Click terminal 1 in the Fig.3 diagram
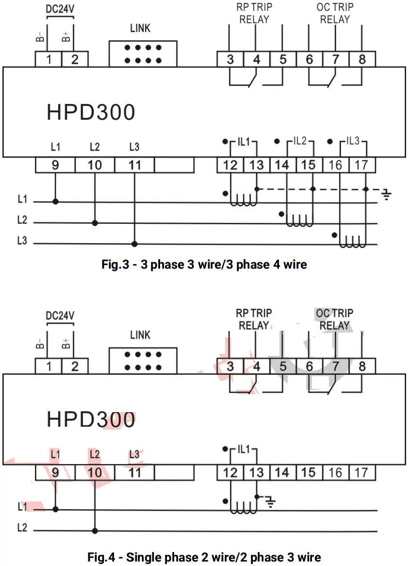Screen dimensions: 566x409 click(49, 60)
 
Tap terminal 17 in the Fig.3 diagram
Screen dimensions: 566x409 click(361, 165)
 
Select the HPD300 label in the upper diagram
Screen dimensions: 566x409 click(91, 112)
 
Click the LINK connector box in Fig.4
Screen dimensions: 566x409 click(143, 361)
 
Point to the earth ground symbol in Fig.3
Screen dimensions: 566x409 click(386, 195)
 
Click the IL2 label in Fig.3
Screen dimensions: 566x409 click(300, 142)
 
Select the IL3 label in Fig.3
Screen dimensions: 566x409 click(353, 142)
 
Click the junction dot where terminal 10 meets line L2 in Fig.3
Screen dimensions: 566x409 click(95, 223)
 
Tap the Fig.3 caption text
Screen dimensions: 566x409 click(204, 265)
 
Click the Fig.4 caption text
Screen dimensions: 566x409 click(204, 557)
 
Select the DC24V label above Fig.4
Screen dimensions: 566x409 click(60, 316)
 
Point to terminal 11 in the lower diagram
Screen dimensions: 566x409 click(135, 472)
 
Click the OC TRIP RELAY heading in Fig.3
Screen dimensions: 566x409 click(335, 13)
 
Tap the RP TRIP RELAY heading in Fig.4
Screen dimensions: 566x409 click(254, 319)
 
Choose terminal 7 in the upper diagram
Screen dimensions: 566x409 click(335, 60)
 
